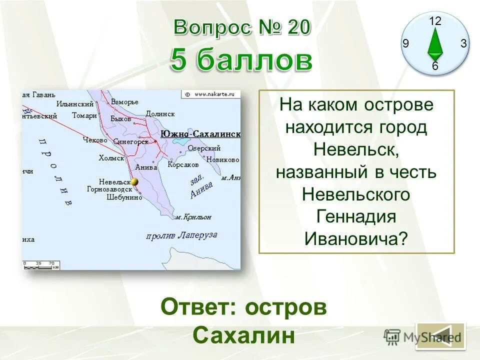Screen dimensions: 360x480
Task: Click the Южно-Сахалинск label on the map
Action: [x=200, y=134]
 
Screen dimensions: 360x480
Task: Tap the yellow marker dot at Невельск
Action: [x=134, y=182]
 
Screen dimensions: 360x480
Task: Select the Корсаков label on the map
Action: [x=183, y=164]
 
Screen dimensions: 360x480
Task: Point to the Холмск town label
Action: [x=111, y=158]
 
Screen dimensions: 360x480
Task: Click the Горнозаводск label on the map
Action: [x=109, y=189]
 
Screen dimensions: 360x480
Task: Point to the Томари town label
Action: [x=83, y=115]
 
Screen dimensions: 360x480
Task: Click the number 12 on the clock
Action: [x=435, y=21]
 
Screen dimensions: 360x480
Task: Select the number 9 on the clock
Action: [x=405, y=44]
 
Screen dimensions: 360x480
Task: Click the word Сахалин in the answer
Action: [x=243, y=335]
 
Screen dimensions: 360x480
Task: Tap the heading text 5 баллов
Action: [x=241, y=61]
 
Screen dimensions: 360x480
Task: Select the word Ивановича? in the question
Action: [x=356, y=238]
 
